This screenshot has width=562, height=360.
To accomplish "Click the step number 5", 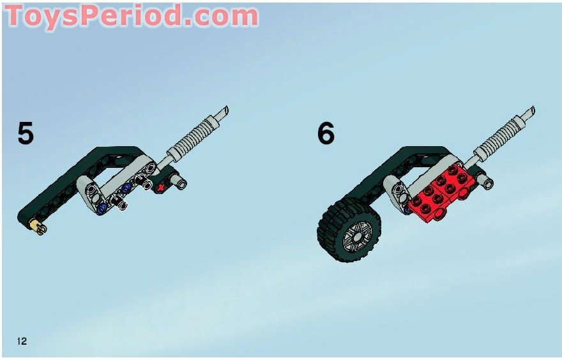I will [26, 133].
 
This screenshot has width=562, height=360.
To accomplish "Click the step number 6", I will [326, 133].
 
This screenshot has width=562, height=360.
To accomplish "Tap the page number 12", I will [22, 341].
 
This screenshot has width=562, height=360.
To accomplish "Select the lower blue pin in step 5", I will [101, 207].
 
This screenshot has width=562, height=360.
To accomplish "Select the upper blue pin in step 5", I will [126, 188].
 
